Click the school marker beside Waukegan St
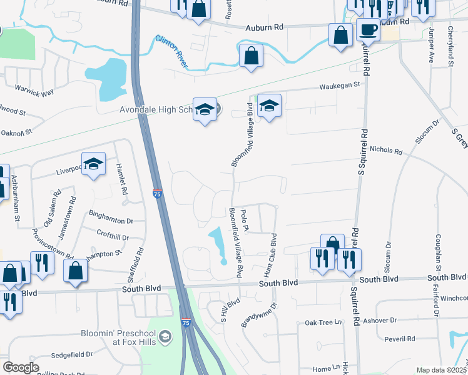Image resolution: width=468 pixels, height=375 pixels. pos(269,107)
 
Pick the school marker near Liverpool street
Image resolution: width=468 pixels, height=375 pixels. pos(93,164)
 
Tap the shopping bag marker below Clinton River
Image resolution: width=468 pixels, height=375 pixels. pos(250,56)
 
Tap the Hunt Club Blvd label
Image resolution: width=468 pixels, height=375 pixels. pos(273,256)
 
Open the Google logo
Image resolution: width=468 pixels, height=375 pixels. pos(21,367)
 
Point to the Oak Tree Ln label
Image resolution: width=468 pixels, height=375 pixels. pos(323,322)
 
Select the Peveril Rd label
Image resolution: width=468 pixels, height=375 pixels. pos(400,339)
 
